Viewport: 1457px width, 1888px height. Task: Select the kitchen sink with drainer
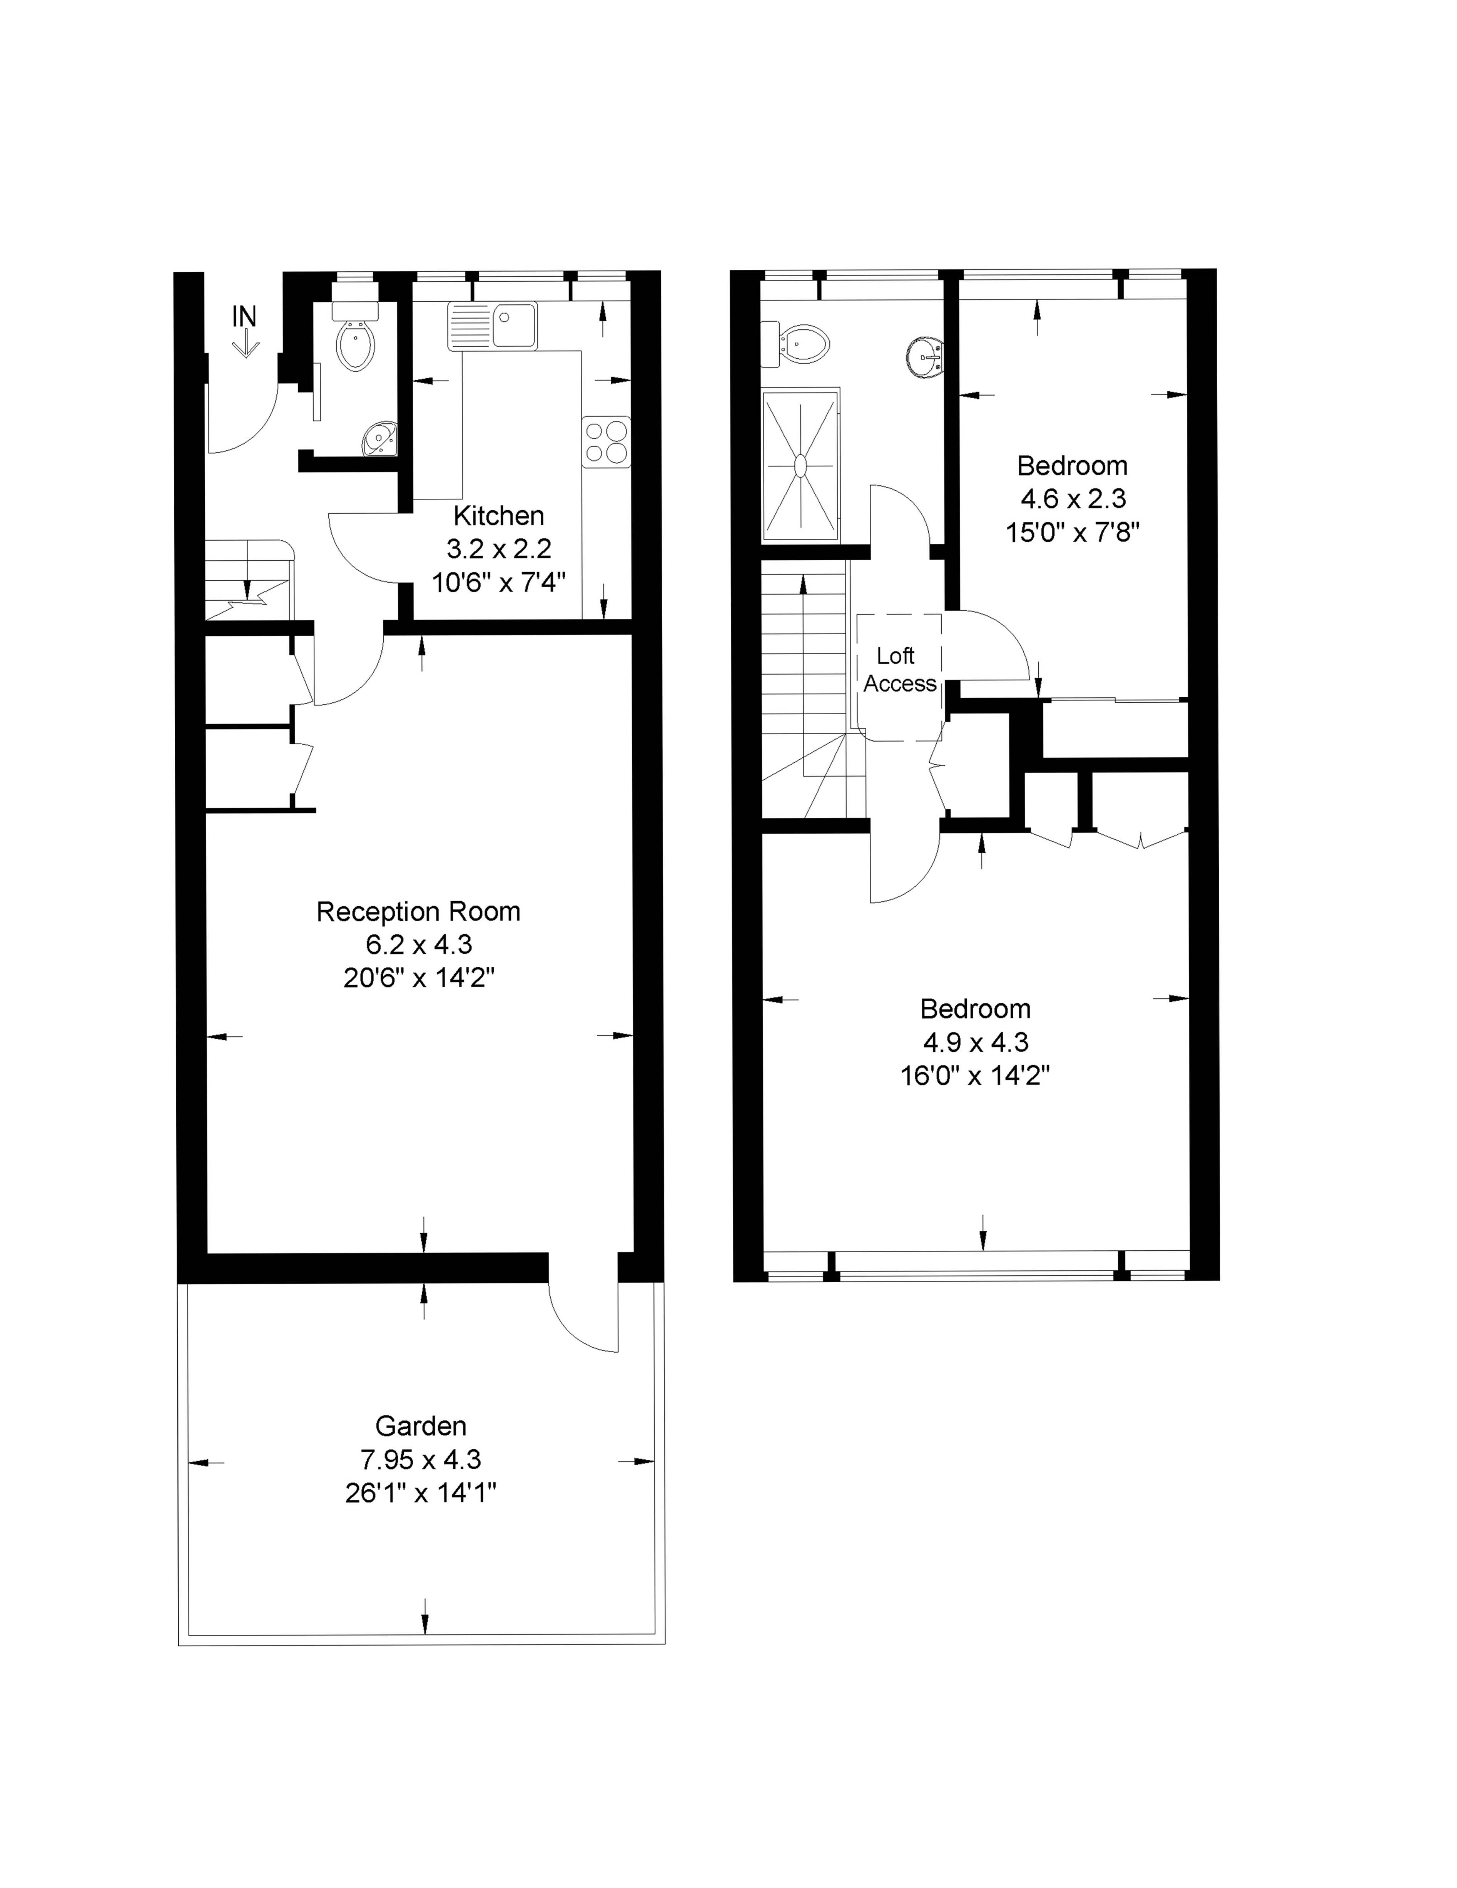click(492, 326)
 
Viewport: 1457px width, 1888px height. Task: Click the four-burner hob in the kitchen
click(606, 442)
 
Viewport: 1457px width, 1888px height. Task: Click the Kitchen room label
click(499, 516)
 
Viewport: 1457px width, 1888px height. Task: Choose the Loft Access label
click(899, 670)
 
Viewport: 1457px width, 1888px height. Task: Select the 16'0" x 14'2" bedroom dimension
click(975, 1076)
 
